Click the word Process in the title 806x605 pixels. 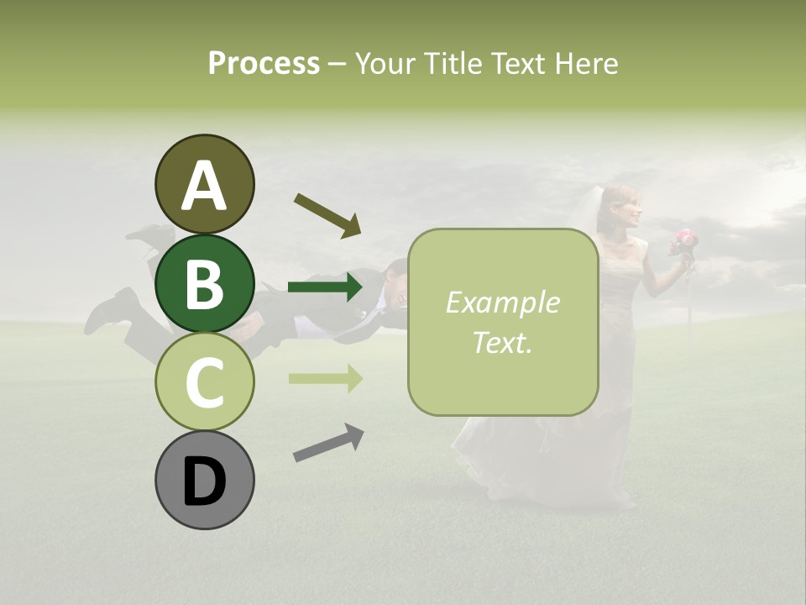pos(264,64)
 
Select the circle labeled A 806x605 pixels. pos(204,185)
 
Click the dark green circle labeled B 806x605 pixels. pos(204,283)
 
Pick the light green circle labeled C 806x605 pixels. pos(204,381)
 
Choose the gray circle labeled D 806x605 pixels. pos(204,480)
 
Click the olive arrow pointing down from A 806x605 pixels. pos(327,215)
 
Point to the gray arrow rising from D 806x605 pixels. pos(328,443)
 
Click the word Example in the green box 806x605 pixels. pos(502,303)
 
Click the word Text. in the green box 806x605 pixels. pos(502,342)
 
